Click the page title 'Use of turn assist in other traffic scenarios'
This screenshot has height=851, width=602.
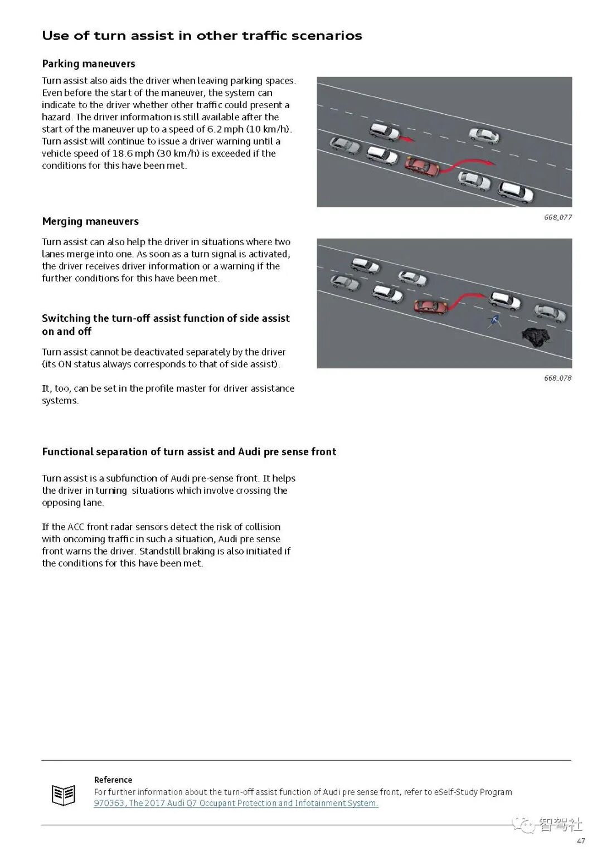pos(202,36)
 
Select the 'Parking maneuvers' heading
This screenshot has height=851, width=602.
pos(89,64)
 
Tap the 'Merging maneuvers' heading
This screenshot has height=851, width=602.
pos(90,221)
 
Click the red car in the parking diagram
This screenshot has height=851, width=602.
pos(422,166)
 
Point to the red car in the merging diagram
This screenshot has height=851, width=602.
pos(430,306)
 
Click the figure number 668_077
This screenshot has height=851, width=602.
pos(557,217)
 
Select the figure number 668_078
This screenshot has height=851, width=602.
pos(557,378)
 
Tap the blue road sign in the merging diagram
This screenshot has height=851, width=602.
pos(493,321)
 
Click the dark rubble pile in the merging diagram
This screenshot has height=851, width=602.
pos(535,338)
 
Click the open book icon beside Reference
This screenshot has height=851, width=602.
pos(63,795)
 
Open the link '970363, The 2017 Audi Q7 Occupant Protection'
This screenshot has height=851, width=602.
pos(236,803)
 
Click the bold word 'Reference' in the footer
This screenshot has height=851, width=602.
pos(113,780)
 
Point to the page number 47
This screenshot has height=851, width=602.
pos(581,840)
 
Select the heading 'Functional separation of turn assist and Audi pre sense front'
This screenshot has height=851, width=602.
pos(189,452)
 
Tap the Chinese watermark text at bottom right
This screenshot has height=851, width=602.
pos(560,824)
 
